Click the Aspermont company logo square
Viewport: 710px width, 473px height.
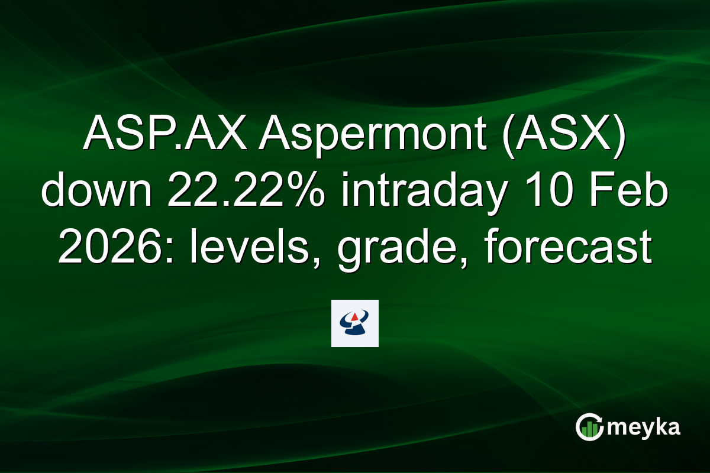point(355,323)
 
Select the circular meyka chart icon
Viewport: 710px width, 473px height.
point(590,427)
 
